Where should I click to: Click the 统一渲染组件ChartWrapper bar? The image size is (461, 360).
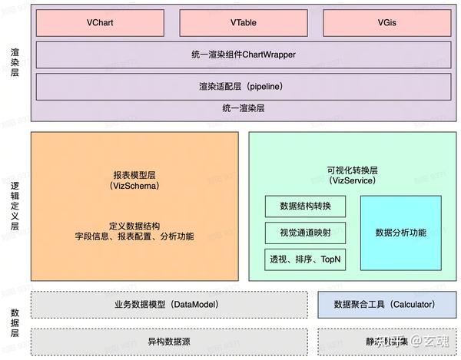click(x=244, y=55)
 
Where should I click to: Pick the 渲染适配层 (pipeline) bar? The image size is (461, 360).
click(x=244, y=86)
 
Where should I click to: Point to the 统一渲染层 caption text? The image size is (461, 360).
click(x=244, y=109)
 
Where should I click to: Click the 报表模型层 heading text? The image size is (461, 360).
click(x=134, y=174)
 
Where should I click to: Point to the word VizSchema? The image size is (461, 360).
click(x=134, y=187)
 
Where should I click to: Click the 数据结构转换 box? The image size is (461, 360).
click(x=305, y=206)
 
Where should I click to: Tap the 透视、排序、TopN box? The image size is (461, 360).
click(x=305, y=259)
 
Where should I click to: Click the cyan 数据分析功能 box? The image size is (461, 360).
click(x=400, y=232)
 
